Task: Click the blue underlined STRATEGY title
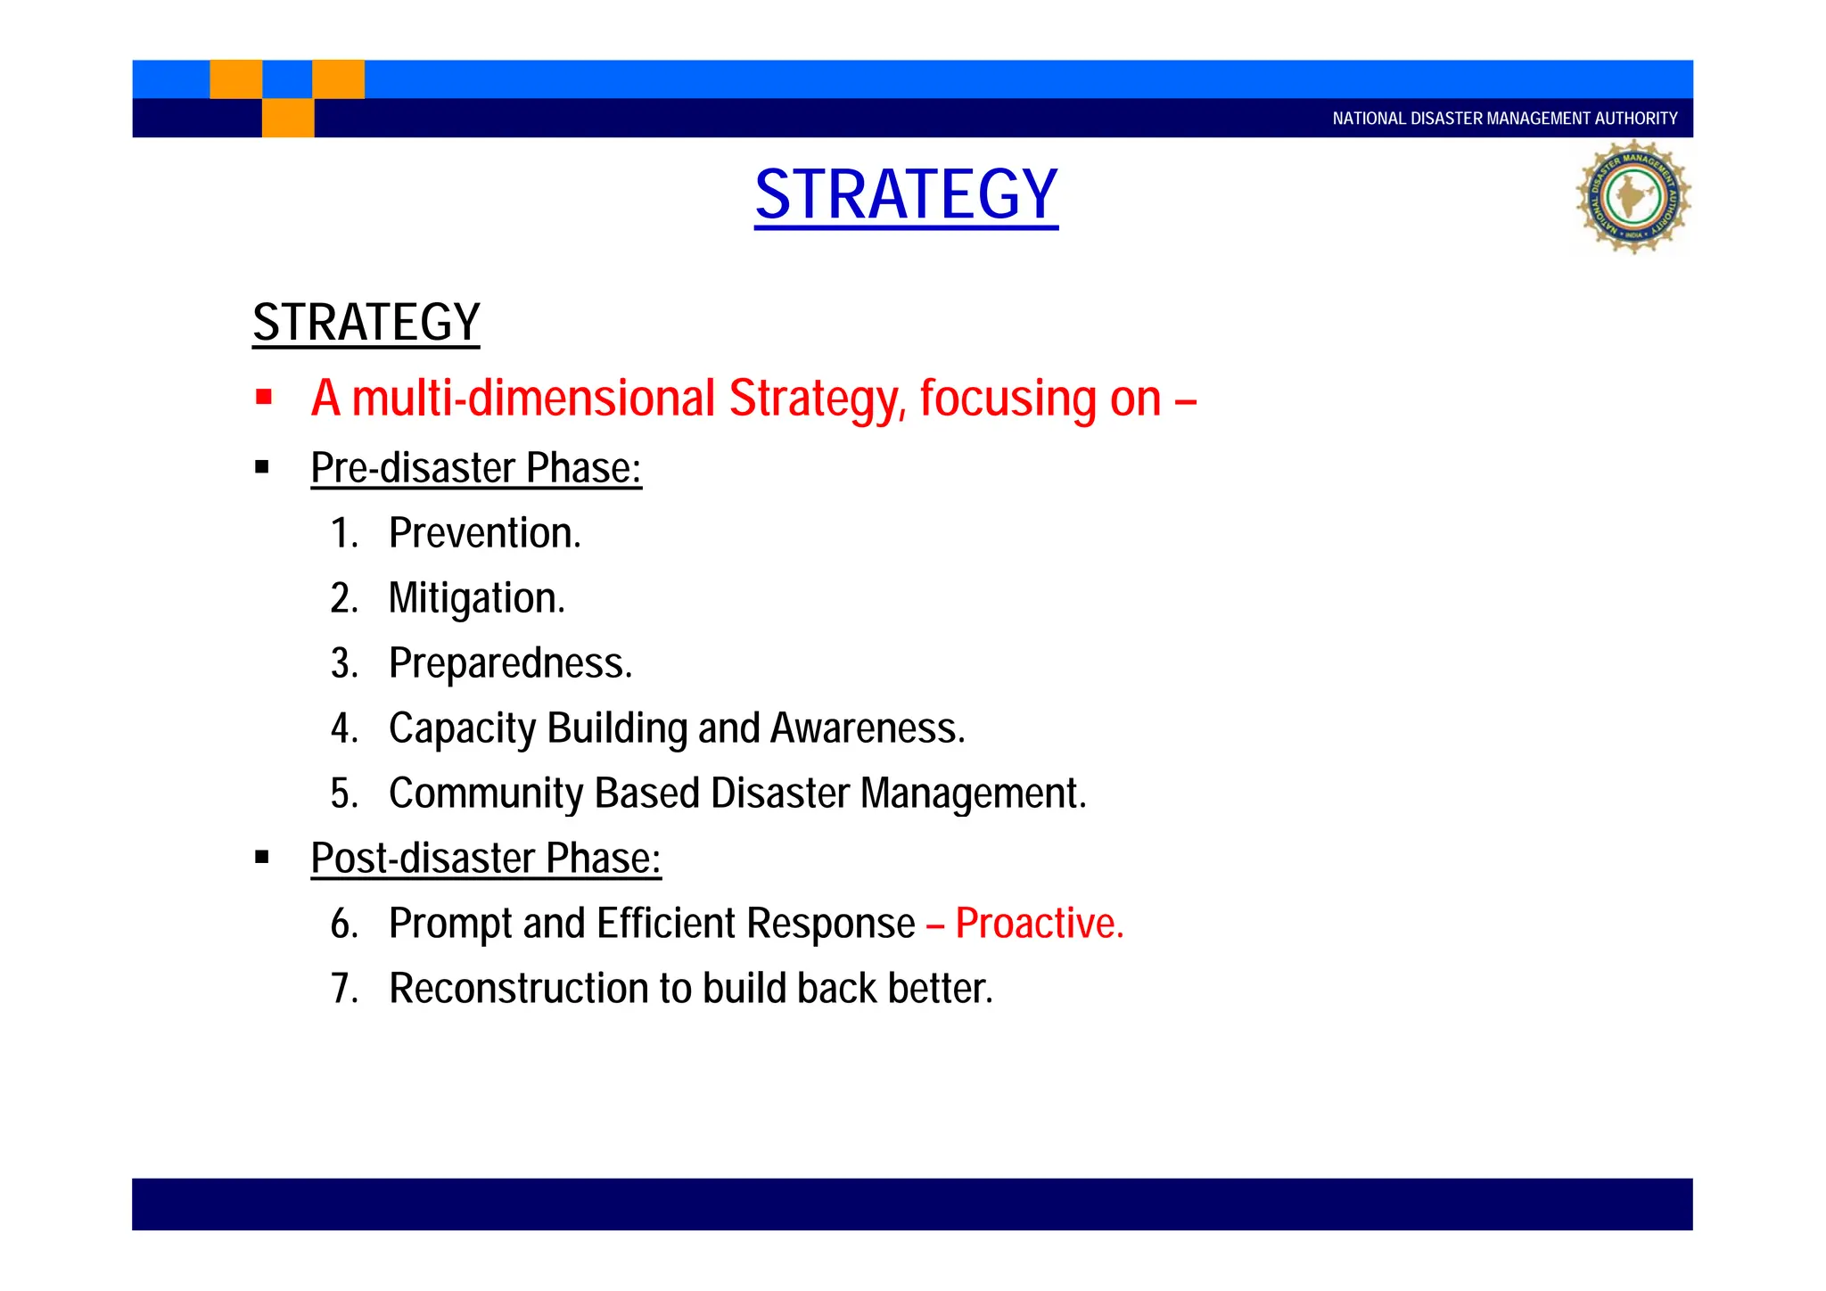pyautogui.click(x=906, y=195)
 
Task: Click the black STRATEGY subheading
pyautogui.click(x=366, y=323)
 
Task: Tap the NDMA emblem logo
pyautogui.click(x=1633, y=197)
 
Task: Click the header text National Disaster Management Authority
pyautogui.click(x=1504, y=119)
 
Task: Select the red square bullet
pyautogui.click(x=263, y=398)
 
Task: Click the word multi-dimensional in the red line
pyautogui.click(x=533, y=399)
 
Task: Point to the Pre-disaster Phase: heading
pyautogui.click(x=476, y=468)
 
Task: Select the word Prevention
pyautogui.click(x=484, y=533)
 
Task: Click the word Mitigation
pyautogui.click(x=476, y=598)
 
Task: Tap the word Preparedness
pyautogui.click(x=510, y=663)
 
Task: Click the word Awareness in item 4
pyautogui.click(x=867, y=728)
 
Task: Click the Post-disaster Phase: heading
pyautogui.click(x=486, y=859)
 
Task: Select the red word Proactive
pyautogui.click(x=1039, y=924)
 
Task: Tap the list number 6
pyautogui.click(x=343, y=924)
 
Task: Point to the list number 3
pyautogui.click(x=343, y=663)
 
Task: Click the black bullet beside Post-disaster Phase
pyautogui.click(x=262, y=858)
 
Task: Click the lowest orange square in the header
pyautogui.click(x=288, y=118)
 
